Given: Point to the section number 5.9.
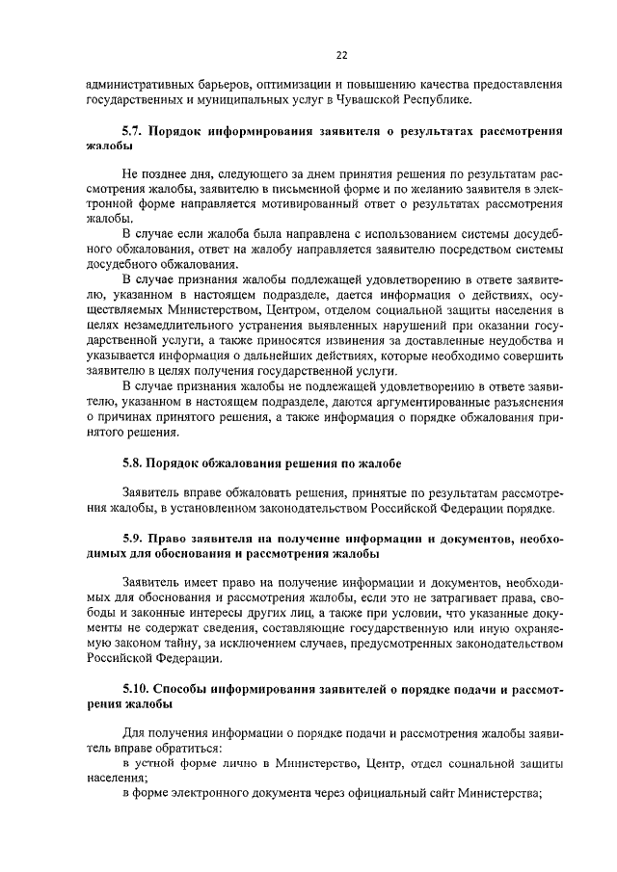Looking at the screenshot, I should (136, 537).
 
